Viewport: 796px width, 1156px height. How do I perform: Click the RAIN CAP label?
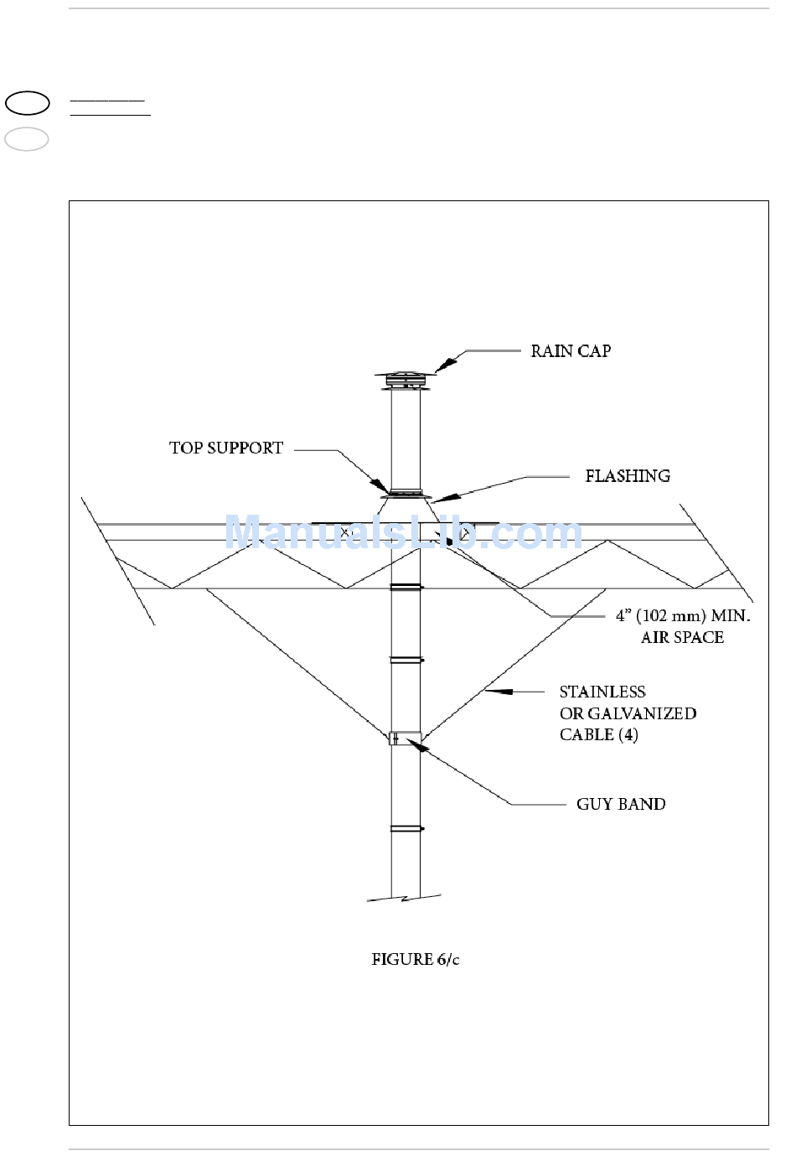[x=571, y=351]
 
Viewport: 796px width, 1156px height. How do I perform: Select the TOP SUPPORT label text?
[x=226, y=448]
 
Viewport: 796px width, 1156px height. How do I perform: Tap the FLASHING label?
[x=628, y=476]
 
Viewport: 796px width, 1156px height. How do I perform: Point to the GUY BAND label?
[x=621, y=805]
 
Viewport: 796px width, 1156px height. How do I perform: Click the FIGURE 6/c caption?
[x=416, y=959]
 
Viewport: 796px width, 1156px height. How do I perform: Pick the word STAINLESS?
[x=602, y=692]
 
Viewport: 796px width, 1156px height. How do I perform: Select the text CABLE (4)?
[x=598, y=735]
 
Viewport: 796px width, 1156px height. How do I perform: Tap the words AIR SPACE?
[x=682, y=638]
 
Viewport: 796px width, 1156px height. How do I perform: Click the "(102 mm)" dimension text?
[x=671, y=616]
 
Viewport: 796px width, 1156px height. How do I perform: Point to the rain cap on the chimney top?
[x=406, y=380]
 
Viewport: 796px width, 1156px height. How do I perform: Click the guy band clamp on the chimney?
[x=406, y=739]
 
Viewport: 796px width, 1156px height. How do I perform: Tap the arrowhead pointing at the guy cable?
[x=498, y=692]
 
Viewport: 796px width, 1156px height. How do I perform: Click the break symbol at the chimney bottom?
[x=405, y=898]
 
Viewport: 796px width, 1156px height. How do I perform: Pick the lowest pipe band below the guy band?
[x=406, y=829]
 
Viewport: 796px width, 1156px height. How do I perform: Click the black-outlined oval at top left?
[x=28, y=103]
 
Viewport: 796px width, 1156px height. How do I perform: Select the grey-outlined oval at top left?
[x=27, y=139]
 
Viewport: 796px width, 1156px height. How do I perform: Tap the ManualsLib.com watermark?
[x=403, y=533]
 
